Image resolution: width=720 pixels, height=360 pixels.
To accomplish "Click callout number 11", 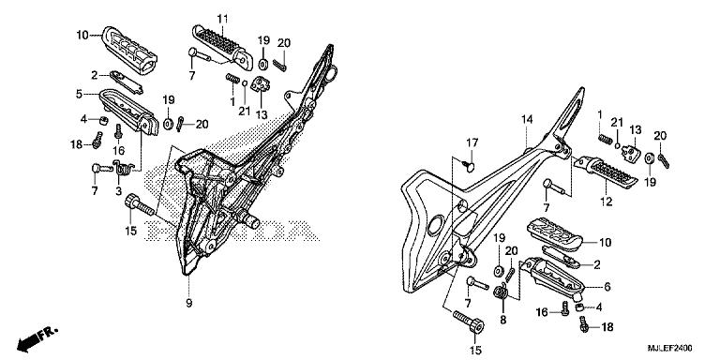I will click(x=223, y=20).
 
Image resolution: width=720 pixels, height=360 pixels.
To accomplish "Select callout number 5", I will click(x=81, y=94).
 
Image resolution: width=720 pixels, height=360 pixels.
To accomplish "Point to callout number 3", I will click(x=119, y=191).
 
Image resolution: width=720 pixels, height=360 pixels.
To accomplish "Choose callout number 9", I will click(x=188, y=303).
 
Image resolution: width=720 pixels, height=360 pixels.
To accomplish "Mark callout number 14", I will click(x=527, y=119).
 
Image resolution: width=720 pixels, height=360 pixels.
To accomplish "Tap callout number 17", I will click(x=474, y=142).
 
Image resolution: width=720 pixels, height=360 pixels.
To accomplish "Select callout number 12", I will click(x=605, y=199).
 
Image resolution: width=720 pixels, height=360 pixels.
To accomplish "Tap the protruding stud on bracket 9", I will click(x=250, y=218).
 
